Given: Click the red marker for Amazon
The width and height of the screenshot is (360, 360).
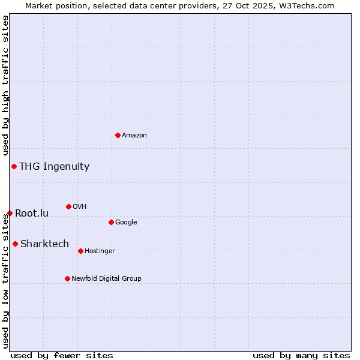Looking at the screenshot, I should pos(118,135).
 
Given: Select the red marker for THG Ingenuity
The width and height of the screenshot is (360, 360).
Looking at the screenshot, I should pos(14,166).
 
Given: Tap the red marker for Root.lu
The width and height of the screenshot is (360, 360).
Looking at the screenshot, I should pos(10,213).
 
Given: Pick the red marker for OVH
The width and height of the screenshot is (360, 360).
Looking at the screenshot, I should pos(68,206).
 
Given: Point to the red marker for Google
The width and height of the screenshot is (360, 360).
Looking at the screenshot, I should pos(111,222).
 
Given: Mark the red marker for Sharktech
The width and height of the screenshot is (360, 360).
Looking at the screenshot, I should pos(15,244).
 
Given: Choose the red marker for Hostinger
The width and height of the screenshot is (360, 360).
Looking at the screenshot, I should pos(80,251).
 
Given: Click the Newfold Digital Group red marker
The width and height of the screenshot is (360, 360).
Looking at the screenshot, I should pos(67,278).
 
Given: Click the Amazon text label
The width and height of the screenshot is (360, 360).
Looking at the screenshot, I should pos(134,136).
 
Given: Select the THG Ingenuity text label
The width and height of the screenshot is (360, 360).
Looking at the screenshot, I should pos(54,167).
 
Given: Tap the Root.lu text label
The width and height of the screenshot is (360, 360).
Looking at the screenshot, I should pos(32,214).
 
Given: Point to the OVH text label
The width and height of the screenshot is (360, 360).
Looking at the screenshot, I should pos(80,207).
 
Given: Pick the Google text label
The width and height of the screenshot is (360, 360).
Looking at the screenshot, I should pos(126,223).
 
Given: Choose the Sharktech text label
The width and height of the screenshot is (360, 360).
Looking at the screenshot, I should pos(44,244).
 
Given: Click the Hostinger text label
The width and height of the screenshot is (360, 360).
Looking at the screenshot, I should pos(100,251).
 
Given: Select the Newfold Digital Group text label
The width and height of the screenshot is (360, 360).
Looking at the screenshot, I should pos(106,279).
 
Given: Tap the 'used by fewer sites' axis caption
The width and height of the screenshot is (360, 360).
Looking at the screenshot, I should pos(62,355).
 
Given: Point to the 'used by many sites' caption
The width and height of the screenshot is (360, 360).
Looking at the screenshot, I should pos(301,355).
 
